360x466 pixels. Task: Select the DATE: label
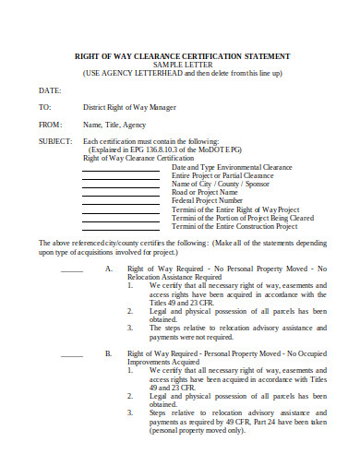[49, 90]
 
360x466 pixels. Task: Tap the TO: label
[44, 107]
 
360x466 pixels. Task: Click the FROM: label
[50, 124]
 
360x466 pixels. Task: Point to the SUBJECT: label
[54, 140]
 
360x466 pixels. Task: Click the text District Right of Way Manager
[129, 107]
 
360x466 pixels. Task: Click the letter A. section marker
[108, 269]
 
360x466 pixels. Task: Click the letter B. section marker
[108, 353]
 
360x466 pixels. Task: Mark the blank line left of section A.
[72, 270]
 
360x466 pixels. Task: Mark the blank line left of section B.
[72, 355]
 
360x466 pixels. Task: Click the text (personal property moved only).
[197, 429]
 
